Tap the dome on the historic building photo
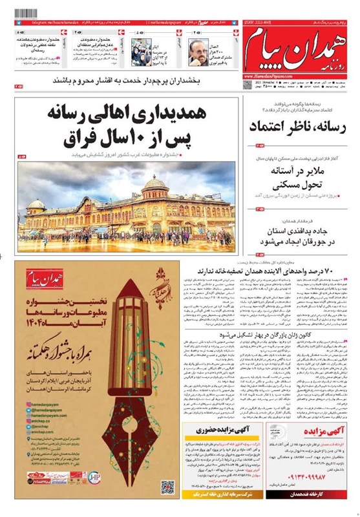(155, 187)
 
